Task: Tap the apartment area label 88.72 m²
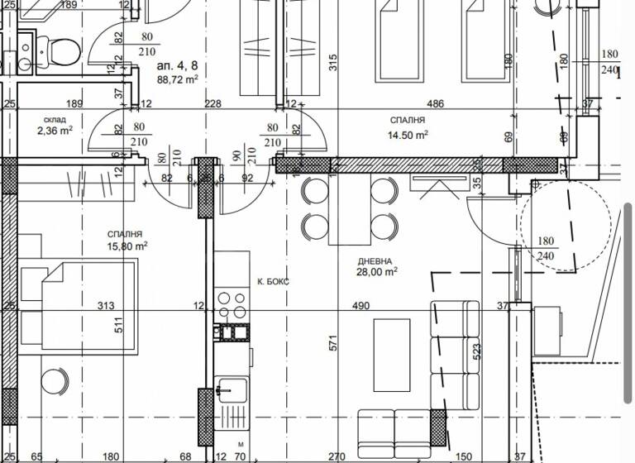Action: [178, 80]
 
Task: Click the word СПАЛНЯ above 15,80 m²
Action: [124, 234]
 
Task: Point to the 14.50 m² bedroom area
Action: [409, 134]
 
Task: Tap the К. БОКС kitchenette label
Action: [273, 282]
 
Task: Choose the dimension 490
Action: [361, 306]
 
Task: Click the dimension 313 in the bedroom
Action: [105, 306]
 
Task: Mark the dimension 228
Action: [212, 103]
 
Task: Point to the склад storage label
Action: [55, 119]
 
